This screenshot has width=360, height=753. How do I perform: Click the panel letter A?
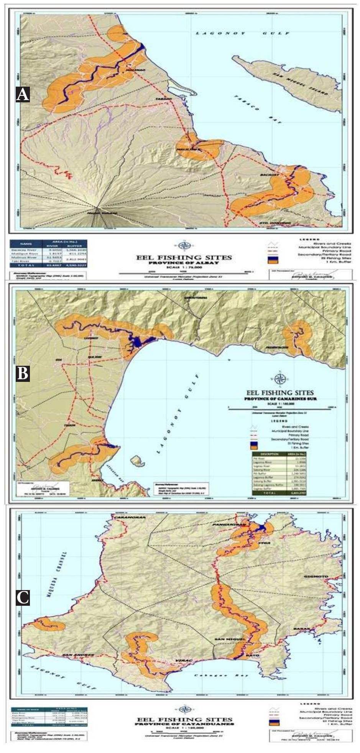pyautogui.click(x=23, y=94)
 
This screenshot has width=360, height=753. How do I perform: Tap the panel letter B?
pyautogui.click(x=23, y=373)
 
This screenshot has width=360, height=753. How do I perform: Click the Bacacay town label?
pyautogui.click(x=279, y=174)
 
